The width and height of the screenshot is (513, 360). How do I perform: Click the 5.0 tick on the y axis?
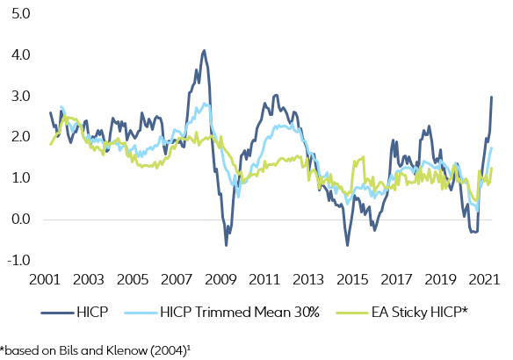pos(19,14)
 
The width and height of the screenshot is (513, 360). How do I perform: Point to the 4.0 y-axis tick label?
pos(19,55)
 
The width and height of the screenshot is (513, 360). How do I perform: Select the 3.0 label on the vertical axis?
pos(19,96)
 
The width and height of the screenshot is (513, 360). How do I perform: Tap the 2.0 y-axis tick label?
pos(19,137)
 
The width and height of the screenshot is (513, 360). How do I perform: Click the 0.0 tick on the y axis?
pos(19,220)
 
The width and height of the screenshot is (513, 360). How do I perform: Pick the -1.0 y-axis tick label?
pos(18,260)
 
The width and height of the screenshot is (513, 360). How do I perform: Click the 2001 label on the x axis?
pos(44,280)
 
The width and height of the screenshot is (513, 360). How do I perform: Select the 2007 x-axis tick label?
pos(176,280)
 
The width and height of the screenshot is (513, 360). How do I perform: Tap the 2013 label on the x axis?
pos(307,280)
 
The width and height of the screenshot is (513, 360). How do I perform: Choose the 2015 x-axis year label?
pos(351,280)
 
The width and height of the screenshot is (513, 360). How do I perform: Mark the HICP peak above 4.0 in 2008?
pos(204,51)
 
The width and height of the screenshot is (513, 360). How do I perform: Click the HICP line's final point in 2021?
pos(491,97)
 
